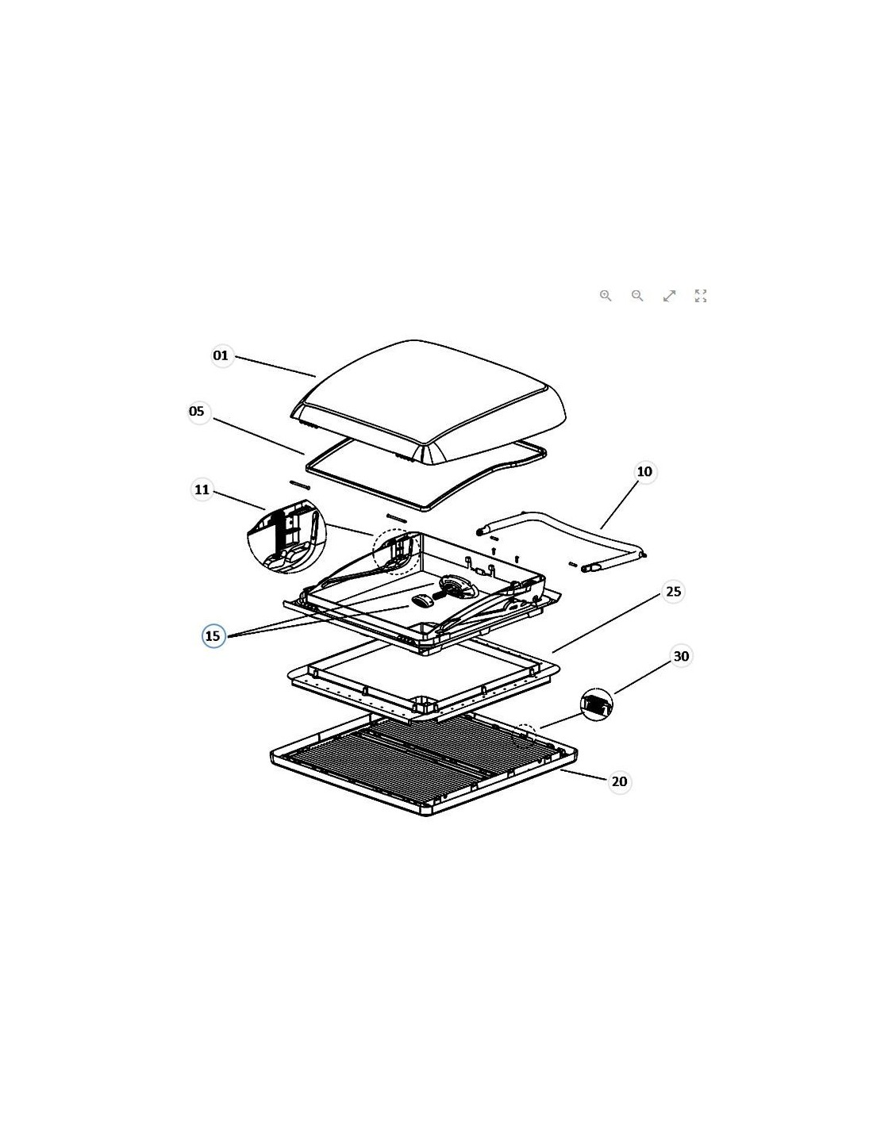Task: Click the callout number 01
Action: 221,355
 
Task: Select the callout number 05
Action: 197,411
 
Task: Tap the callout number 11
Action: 202,489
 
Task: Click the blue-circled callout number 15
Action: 213,635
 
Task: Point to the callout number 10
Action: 644,472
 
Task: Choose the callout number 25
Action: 673,592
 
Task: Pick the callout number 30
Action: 681,656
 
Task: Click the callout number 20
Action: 619,781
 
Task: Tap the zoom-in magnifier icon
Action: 606,296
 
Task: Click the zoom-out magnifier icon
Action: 637,296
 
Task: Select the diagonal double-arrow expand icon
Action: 669,296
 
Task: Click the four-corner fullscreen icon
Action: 701,296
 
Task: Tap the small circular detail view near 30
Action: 597,704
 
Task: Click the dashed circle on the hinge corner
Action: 397,552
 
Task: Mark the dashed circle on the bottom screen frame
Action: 526,735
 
